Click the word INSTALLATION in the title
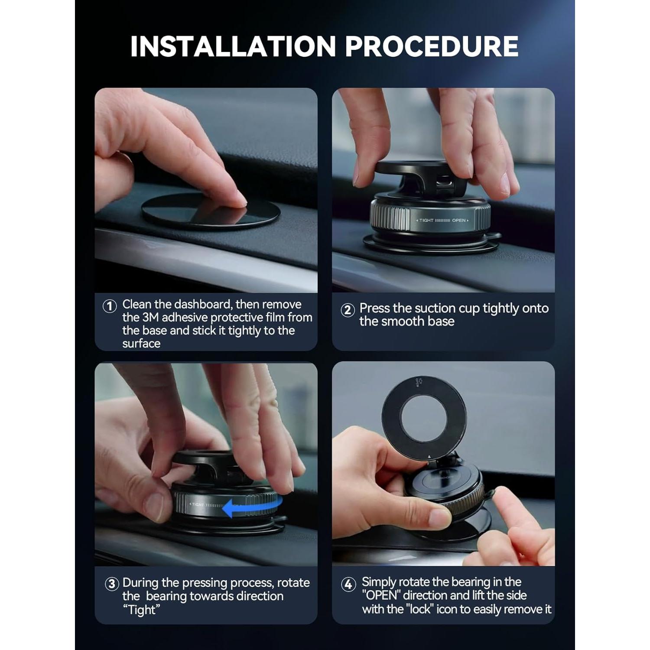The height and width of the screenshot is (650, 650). coord(233,46)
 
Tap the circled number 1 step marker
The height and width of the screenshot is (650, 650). coord(110,306)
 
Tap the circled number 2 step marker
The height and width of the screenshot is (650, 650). coord(348,310)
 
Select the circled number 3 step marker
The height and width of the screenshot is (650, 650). coord(112,584)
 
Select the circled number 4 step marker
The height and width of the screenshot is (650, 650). coord(348,584)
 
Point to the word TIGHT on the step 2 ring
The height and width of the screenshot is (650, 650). coord(426,221)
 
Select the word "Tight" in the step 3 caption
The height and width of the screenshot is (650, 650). coord(141,610)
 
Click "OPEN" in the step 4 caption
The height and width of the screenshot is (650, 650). coord(381,595)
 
